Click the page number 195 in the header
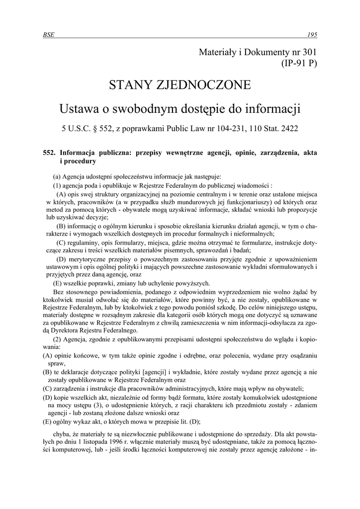click(312, 34)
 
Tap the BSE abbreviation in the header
click(49, 34)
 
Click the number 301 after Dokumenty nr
click(308, 51)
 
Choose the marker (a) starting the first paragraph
click(58, 176)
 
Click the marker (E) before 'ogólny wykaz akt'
click(48, 422)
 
